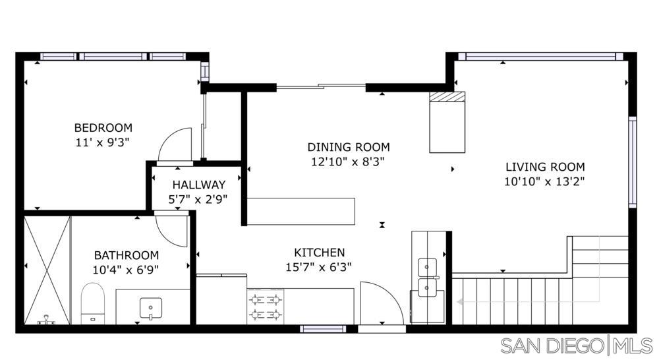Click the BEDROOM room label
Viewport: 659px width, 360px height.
pyautogui.click(x=103, y=128)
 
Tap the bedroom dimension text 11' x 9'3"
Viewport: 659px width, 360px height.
pyautogui.click(x=103, y=141)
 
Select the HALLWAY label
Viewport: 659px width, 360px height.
pyautogui.click(x=199, y=185)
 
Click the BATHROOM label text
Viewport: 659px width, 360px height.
pyautogui.click(x=126, y=255)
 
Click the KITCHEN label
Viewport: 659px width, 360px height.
pyautogui.click(x=319, y=253)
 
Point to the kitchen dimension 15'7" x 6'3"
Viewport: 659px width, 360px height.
pyautogui.click(x=319, y=266)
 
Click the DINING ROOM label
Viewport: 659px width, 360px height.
pyautogui.click(x=348, y=147)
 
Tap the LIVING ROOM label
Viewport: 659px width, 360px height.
pyautogui.click(x=544, y=167)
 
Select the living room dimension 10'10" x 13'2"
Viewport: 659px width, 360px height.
pyautogui.click(x=544, y=181)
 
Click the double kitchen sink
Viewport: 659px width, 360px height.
pyautogui.click(x=428, y=277)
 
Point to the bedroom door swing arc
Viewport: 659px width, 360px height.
pyautogui.click(x=175, y=144)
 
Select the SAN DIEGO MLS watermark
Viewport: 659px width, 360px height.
pyautogui.click(x=576, y=345)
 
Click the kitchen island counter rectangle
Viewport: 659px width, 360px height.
pyautogui.click(x=301, y=211)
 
